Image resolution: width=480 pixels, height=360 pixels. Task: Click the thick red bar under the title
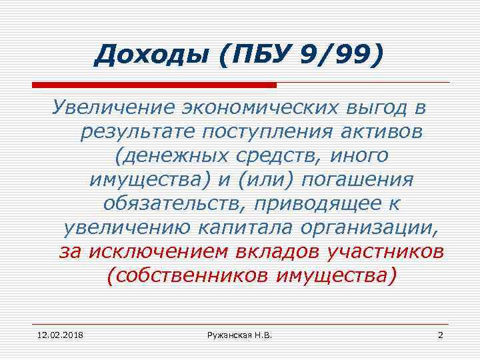coord(154,85)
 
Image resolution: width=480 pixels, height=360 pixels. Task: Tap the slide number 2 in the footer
coord(440,333)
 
